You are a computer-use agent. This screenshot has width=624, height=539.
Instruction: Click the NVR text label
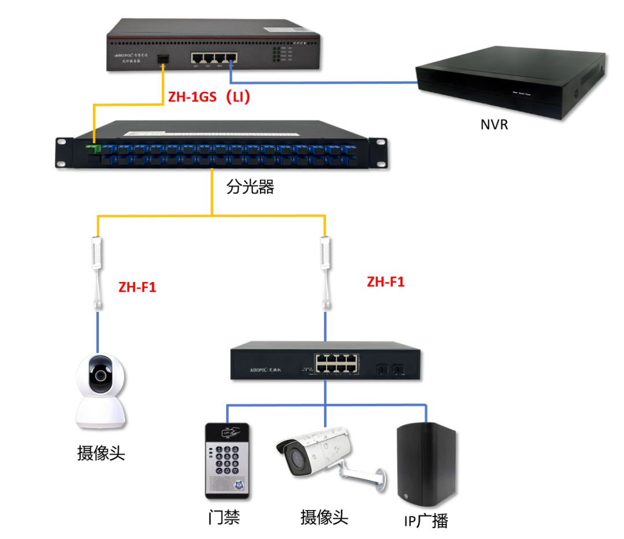[494, 124]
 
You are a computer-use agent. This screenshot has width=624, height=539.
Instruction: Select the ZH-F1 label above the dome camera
[137, 287]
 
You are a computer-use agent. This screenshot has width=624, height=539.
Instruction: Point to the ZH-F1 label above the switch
[385, 282]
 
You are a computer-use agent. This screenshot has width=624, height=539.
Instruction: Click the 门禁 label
[224, 517]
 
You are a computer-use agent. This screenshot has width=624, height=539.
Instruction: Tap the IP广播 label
[426, 521]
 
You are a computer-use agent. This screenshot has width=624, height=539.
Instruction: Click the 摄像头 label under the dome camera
[101, 452]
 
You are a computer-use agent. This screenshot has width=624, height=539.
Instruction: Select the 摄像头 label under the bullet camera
[324, 516]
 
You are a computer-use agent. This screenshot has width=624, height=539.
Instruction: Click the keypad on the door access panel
[228, 460]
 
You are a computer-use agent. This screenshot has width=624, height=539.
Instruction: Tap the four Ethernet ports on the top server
[214, 58]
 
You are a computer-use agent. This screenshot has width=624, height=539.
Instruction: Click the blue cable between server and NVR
[324, 83]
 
